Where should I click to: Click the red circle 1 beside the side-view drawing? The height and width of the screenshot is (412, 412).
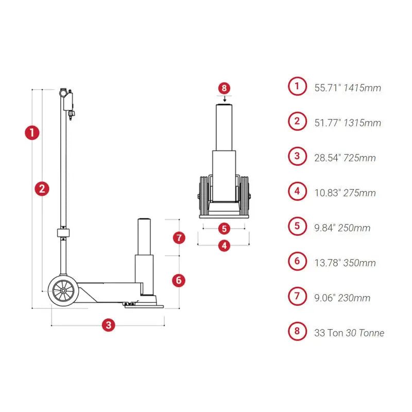(x=32, y=132)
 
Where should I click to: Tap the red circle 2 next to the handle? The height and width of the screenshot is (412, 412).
(x=42, y=188)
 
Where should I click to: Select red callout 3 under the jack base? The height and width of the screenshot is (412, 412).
(x=108, y=325)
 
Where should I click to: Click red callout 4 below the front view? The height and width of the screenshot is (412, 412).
(x=224, y=246)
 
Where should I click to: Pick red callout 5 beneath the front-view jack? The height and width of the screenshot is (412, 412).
(x=224, y=227)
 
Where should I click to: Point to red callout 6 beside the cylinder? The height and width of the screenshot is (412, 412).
(x=178, y=280)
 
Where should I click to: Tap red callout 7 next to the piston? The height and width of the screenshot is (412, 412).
(x=178, y=237)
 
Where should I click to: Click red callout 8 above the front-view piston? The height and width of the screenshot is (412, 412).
(x=224, y=88)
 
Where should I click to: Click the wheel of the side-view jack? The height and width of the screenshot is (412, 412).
(x=63, y=291)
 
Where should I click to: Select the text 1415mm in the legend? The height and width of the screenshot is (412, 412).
(x=363, y=88)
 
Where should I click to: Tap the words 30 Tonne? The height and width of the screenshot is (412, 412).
(x=365, y=333)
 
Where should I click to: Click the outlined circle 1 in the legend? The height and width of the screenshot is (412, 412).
(x=297, y=87)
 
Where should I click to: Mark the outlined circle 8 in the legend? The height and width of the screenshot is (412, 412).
(x=297, y=332)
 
